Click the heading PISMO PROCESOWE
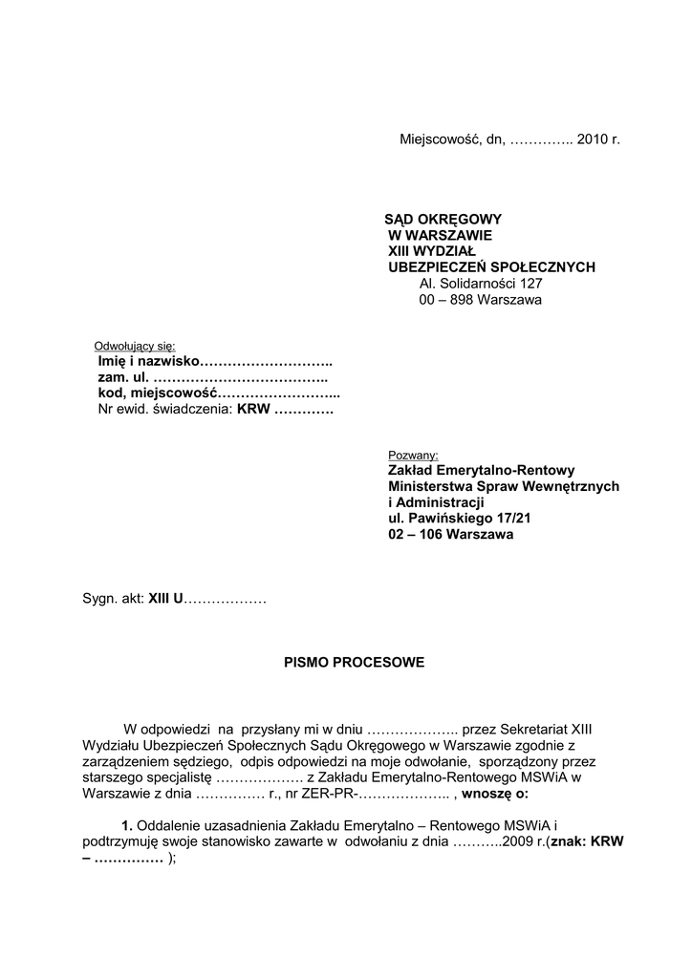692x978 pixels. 354,662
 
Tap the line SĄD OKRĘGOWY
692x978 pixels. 443,219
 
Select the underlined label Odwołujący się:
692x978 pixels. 135,346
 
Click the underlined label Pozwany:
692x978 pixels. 412,455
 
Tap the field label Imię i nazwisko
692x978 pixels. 147,362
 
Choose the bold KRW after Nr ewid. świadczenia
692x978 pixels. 254,411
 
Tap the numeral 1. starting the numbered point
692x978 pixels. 127,825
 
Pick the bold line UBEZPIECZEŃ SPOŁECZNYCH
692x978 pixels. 491,267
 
